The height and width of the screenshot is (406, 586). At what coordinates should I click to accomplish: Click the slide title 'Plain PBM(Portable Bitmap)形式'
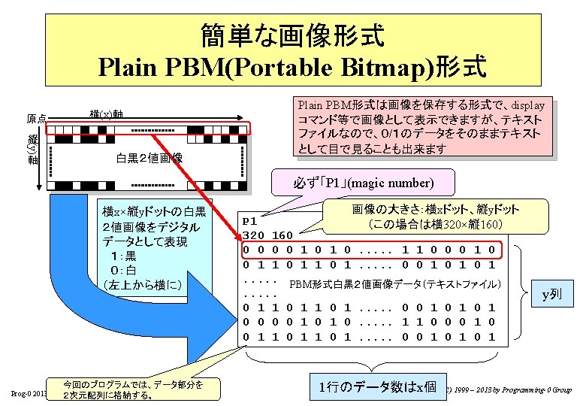pos(292,66)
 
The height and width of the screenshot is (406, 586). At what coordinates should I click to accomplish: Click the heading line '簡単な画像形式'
pos(292,34)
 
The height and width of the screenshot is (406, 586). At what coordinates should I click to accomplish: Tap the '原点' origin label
pos(37,119)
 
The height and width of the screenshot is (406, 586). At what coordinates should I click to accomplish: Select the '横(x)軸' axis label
pos(106,114)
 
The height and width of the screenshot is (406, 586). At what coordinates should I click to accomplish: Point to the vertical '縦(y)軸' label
pos(32,149)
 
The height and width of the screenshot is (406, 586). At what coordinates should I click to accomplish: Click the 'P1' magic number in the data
pos(251,222)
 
